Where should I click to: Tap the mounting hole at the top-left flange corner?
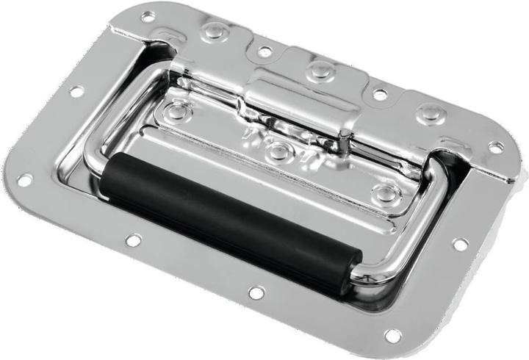tap(148, 15)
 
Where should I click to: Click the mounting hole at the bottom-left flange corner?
tap(24, 179)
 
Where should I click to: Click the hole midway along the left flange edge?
tap(76, 92)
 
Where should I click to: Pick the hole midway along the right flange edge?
tap(461, 244)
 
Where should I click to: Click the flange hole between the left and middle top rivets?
tap(264, 51)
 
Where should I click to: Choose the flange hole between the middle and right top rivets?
tap(379, 95)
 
